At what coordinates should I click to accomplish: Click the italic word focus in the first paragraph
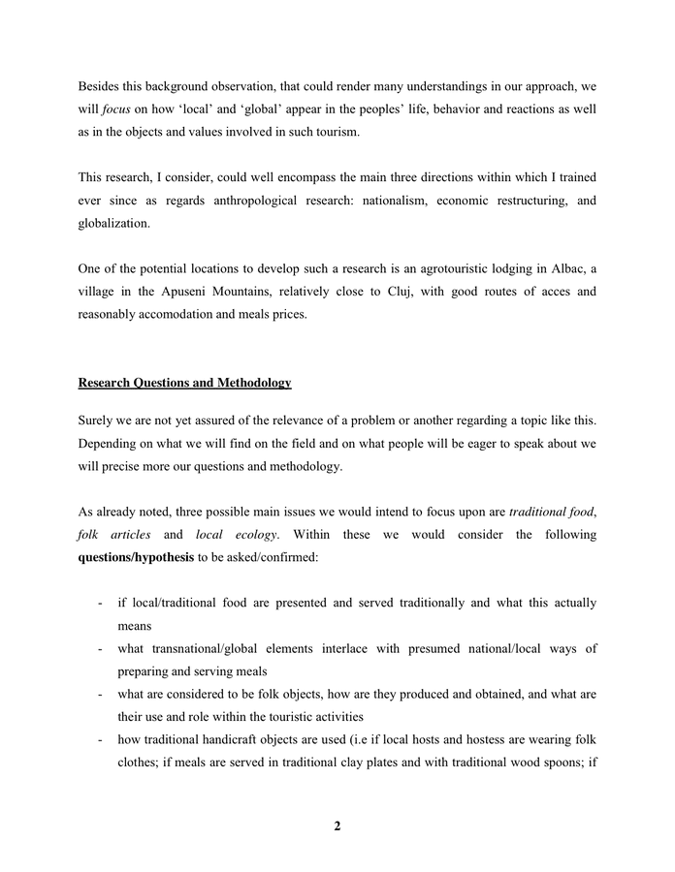click(113, 110)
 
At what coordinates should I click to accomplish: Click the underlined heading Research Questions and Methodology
click(184, 383)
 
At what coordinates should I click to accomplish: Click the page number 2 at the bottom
click(337, 826)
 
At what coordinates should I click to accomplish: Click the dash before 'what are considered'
click(100, 694)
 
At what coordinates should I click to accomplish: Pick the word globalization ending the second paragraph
click(115, 223)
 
